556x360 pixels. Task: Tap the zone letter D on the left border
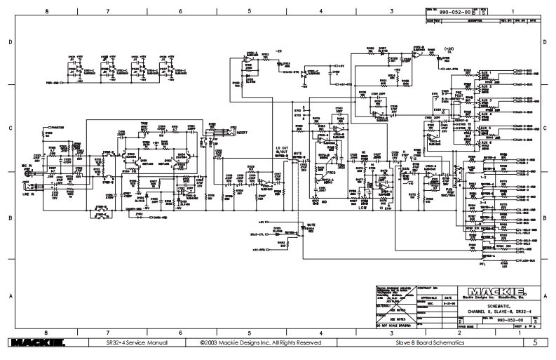(9, 42)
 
